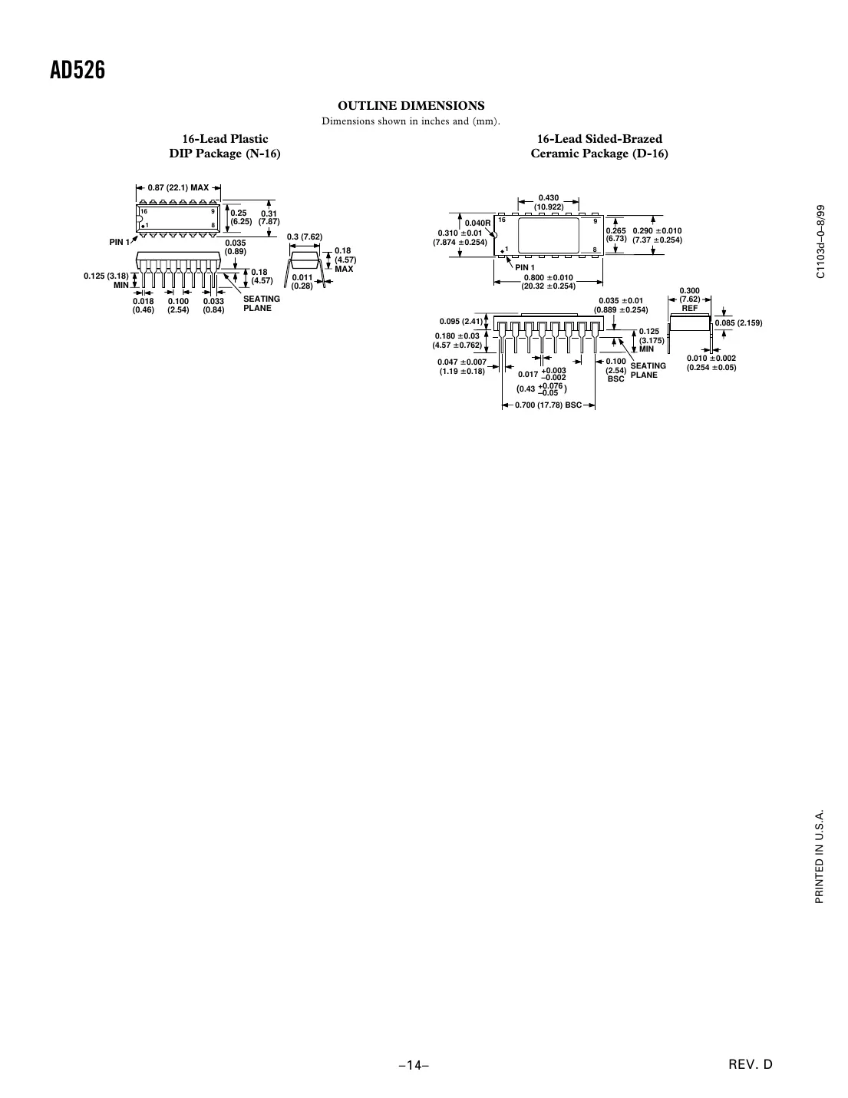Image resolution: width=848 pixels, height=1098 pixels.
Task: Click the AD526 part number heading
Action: tap(77, 71)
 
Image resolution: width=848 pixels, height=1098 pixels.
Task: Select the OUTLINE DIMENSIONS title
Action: tap(411, 105)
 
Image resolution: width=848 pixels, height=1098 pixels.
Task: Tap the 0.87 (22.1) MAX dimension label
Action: tap(178, 187)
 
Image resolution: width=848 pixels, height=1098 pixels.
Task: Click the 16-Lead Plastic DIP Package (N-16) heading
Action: tap(225, 146)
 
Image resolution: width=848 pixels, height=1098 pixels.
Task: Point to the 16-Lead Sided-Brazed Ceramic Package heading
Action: tap(599, 146)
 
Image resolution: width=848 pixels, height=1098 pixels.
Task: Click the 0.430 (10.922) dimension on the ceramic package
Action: tap(548, 203)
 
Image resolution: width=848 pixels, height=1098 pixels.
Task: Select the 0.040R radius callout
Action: tap(477, 223)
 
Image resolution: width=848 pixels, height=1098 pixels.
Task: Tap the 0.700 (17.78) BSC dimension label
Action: tap(548, 405)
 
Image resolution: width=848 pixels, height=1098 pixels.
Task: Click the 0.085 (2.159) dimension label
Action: tap(738, 322)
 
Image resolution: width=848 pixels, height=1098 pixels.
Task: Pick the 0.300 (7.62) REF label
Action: tap(689, 299)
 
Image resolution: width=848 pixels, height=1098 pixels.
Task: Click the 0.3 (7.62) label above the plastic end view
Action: tap(304, 236)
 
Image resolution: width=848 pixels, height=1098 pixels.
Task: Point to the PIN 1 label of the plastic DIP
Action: tap(120, 243)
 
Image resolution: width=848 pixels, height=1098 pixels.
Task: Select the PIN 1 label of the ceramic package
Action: tap(524, 266)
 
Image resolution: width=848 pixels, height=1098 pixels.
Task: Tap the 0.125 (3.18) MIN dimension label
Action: tap(107, 280)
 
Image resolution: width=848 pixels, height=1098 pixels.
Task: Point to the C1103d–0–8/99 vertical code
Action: tap(820, 242)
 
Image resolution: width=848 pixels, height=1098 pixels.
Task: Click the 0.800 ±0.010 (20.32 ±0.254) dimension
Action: tap(548, 282)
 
